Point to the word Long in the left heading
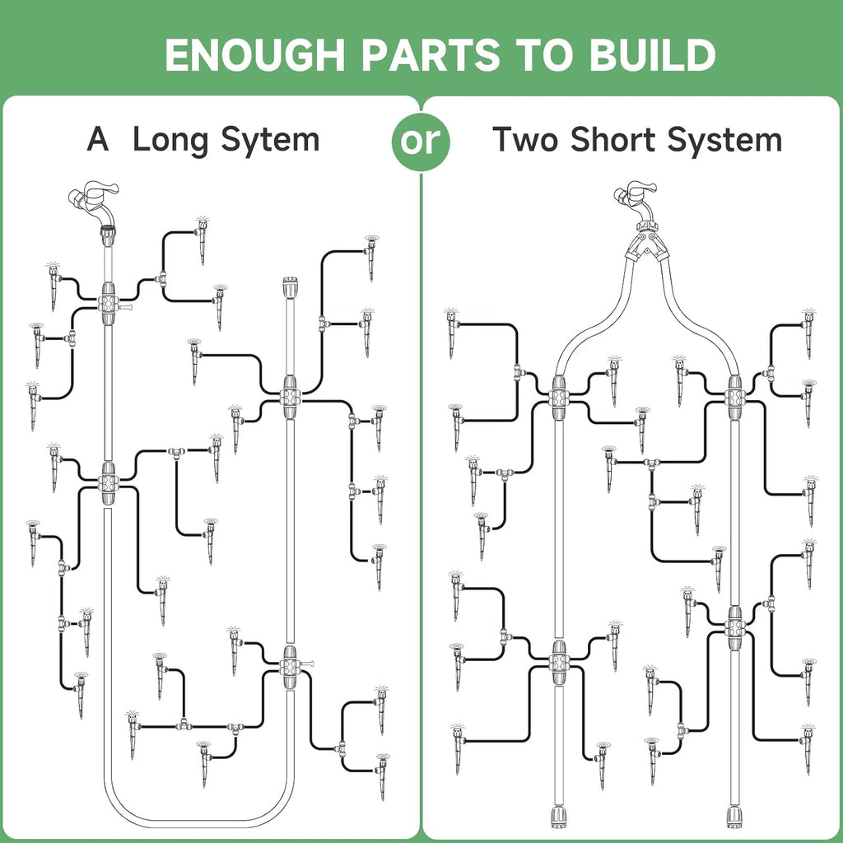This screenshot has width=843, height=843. coord(169,140)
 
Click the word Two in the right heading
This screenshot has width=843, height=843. coord(525,140)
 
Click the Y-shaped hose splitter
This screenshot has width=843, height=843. coord(645,245)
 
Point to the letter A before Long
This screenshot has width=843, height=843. coord(98,140)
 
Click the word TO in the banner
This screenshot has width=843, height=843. coord(540,55)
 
